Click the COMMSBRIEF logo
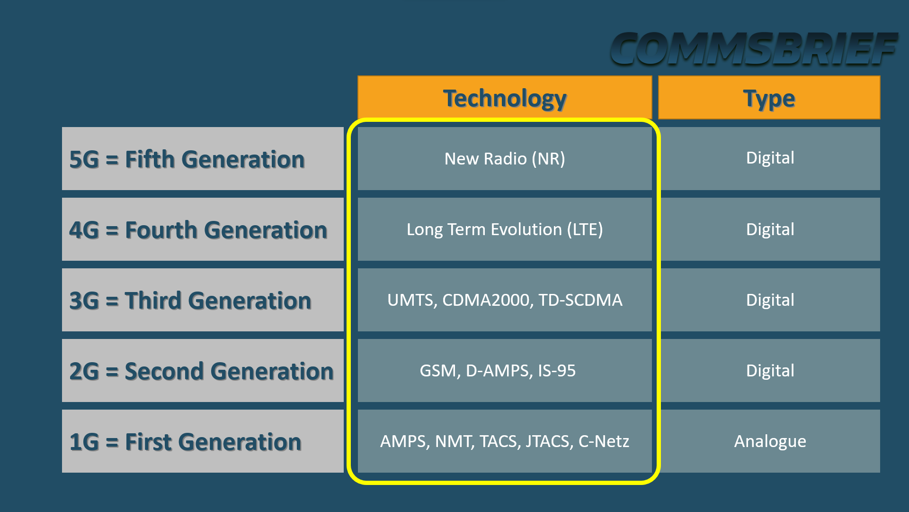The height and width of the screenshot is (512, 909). [754, 49]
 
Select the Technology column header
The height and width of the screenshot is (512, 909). [505, 98]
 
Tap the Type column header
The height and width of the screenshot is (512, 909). [769, 98]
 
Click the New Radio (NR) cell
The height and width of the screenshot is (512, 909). [505, 159]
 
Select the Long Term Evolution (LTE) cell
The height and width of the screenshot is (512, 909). [505, 229]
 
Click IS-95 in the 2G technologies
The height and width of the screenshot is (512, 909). [557, 371]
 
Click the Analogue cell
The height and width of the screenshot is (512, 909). [770, 441]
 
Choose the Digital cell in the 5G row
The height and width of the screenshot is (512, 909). [770, 158]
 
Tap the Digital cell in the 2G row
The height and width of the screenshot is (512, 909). [770, 371]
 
